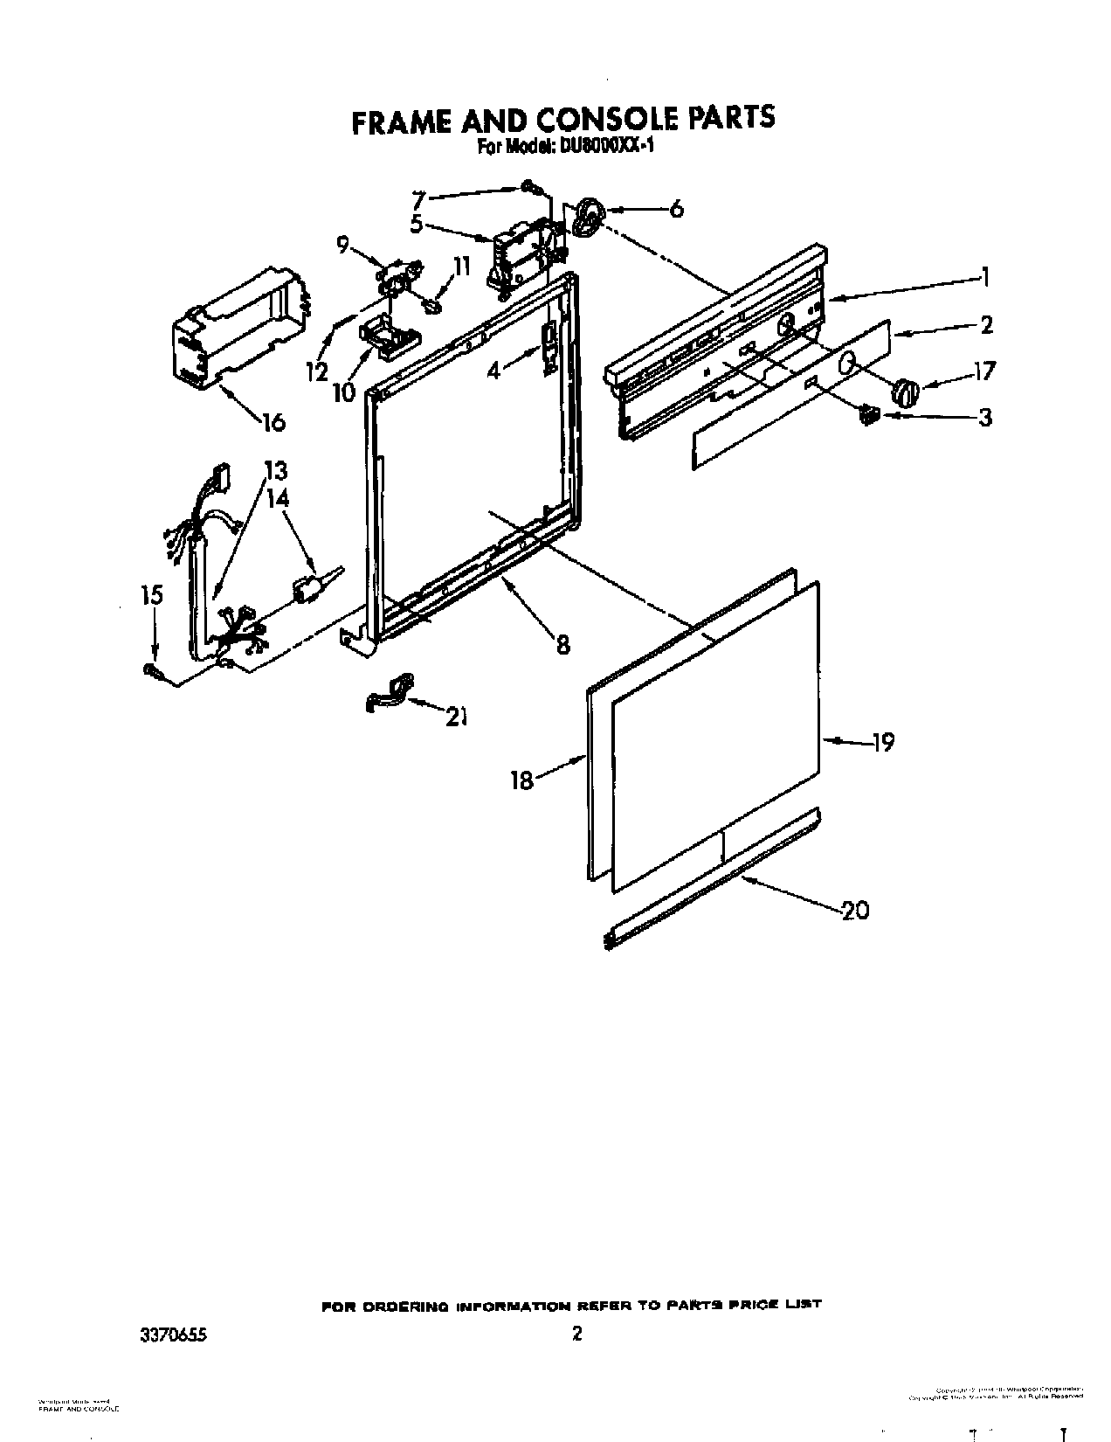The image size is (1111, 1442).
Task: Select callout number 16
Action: [x=273, y=422]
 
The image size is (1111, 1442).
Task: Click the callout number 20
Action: [x=855, y=911]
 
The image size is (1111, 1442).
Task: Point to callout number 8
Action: [x=562, y=644]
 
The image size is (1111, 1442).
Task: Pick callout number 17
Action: [x=983, y=371]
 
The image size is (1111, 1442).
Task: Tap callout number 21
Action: [x=455, y=717]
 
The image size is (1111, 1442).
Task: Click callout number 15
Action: [x=152, y=595]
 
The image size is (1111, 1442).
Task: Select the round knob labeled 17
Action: [x=906, y=392]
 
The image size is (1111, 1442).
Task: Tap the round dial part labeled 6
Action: [x=589, y=216]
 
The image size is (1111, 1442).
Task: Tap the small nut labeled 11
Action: [x=431, y=305]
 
